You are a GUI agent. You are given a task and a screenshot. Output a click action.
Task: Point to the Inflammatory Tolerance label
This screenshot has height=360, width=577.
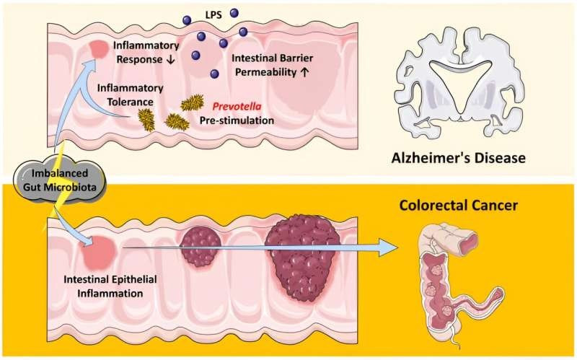pyautogui.click(x=130, y=94)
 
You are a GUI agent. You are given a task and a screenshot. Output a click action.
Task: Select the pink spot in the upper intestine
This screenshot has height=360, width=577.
pyautogui.click(x=97, y=49)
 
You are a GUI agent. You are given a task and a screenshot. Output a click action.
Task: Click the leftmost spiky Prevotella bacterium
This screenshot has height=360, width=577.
pyautogui.click(x=146, y=118)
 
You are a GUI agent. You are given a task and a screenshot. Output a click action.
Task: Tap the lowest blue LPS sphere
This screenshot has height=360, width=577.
pyautogui.click(x=214, y=74)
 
